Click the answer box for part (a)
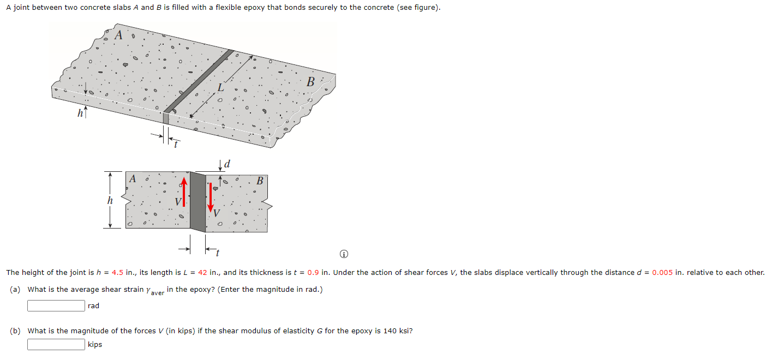point(56,305)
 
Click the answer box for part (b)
point(56,344)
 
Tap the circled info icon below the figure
point(343,255)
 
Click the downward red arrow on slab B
point(210,196)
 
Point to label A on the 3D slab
point(119,35)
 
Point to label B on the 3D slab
point(310,82)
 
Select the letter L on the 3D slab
point(220,87)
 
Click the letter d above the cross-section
point(227,163)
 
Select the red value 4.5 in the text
point(118,273)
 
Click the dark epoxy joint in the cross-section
point(198,202)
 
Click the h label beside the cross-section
point(110,200)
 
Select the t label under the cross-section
point(217,252)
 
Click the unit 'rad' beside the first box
point(93,306)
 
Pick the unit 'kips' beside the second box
point(95,345)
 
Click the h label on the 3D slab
point(80,113)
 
